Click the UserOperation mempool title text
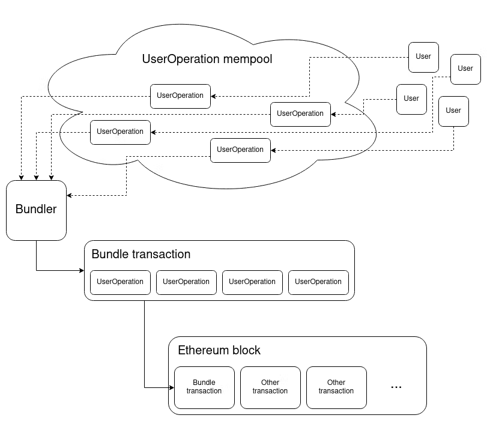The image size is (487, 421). point(207,59)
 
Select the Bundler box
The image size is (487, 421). point(36,210)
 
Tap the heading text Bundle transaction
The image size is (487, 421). point(141,254)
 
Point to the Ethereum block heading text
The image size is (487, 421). point(219,350)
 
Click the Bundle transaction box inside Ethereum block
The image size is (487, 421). point(204,387)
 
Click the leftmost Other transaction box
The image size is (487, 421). point(270,387)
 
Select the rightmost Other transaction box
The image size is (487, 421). point(336,387)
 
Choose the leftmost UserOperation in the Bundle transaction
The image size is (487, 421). point(120,282)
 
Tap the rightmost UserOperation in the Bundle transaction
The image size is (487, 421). point(318,282)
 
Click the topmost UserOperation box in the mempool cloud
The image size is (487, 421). point(180,95)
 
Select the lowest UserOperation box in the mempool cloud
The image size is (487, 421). point(240,150)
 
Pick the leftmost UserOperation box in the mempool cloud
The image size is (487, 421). point(120,132)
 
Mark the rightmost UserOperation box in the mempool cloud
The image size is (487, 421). point(300,114)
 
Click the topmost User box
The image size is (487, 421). point(423,56)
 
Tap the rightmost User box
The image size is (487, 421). point(465,68)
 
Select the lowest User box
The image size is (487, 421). point(453,111)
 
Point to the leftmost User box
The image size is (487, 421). point(411,98)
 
